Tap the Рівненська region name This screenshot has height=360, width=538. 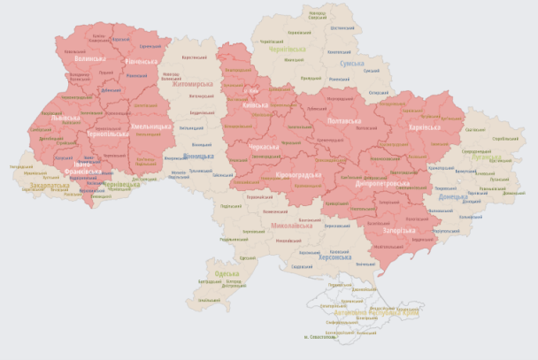pos(141,61)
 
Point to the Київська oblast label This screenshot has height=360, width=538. pos(254,105)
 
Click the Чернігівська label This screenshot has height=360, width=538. pos(288,49)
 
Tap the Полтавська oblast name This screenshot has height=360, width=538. pos(344,119)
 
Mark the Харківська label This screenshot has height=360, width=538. pos(423,127)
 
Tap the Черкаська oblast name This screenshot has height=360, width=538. pos(264,146)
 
